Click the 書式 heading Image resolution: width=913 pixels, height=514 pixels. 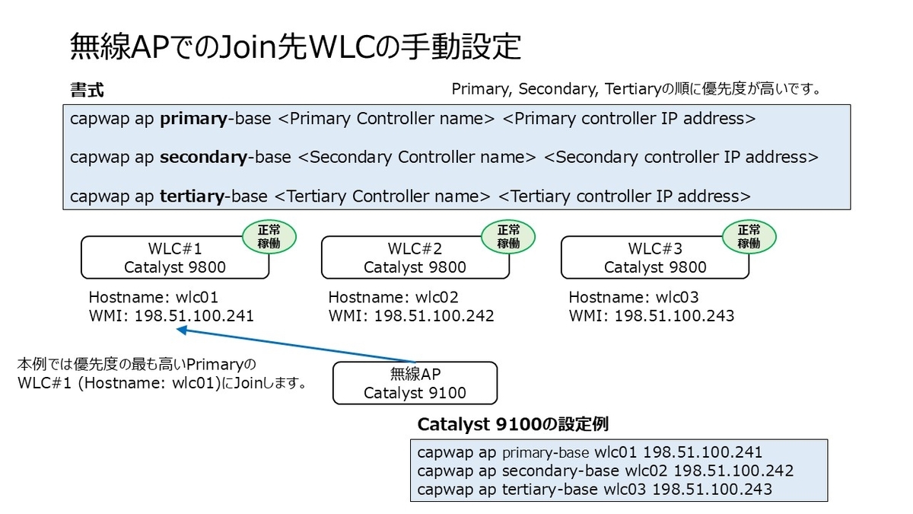pos(87,90)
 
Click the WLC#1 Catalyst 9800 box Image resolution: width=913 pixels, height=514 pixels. pos(175,257)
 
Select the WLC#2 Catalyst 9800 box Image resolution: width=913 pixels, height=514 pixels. pos(415,257)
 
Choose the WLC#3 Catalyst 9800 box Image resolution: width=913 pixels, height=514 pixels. pos(655,257)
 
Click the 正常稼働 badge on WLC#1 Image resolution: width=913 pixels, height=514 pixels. pos(269,236)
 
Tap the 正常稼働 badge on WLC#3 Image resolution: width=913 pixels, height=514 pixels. pos(749,236)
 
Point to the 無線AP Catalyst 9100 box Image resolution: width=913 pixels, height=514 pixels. pos(415,383)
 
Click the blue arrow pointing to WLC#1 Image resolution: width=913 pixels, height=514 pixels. pos(297,346)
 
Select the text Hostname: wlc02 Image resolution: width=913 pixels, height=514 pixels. pos(393,297)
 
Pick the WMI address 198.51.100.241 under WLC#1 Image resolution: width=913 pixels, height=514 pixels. pos(194,315)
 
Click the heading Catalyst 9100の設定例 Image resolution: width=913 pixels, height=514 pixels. pos(513,423)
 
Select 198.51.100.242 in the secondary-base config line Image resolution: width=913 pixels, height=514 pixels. pos(733,471)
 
